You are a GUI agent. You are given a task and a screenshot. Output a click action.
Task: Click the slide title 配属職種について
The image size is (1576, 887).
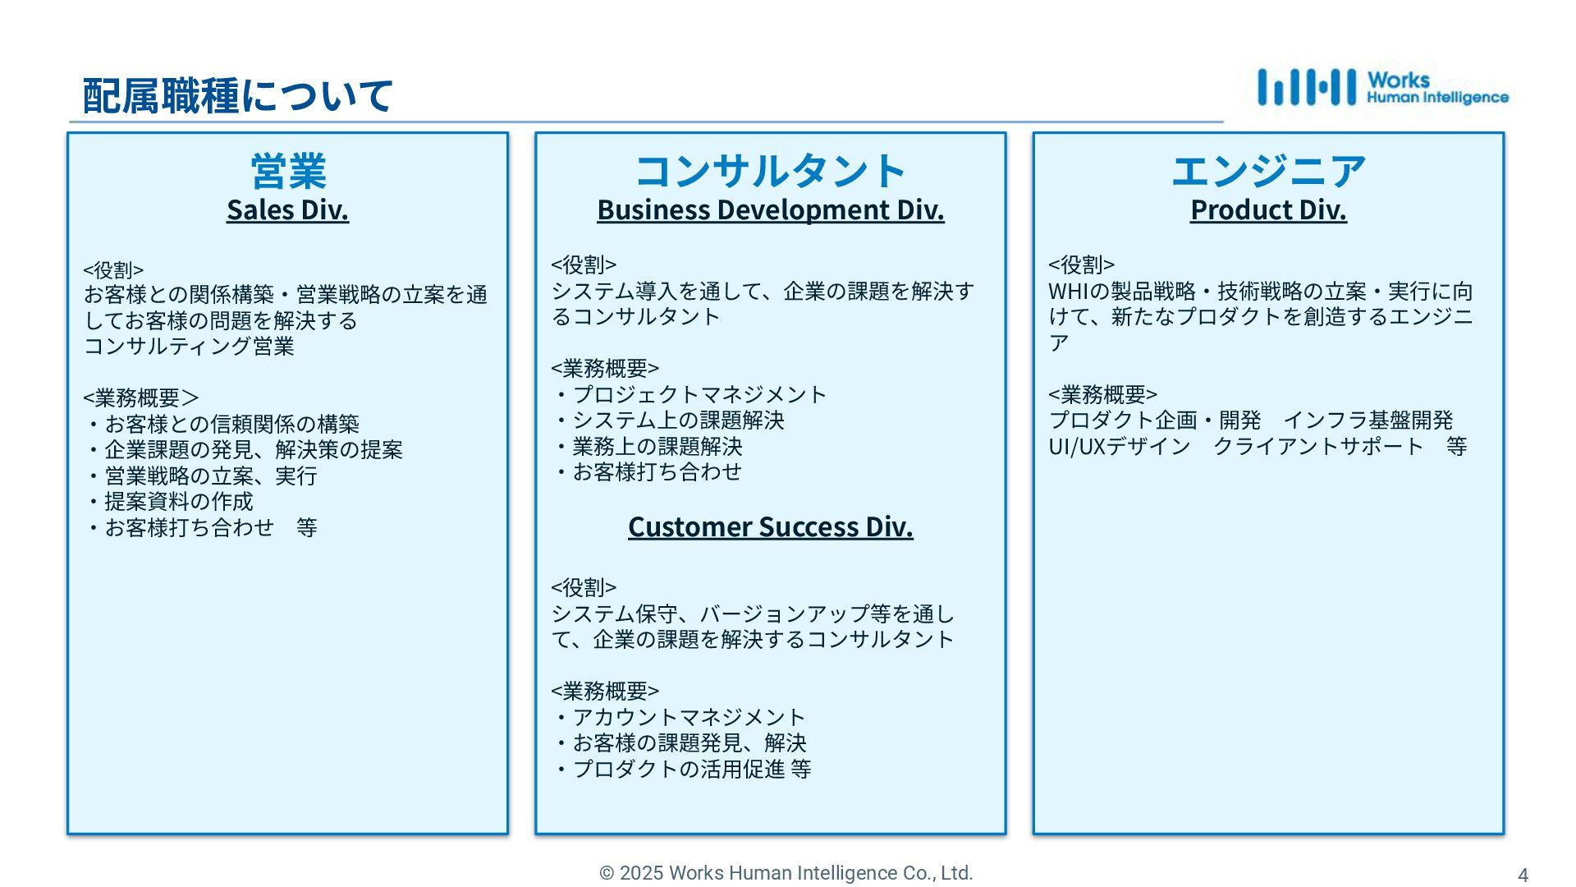(x=238, y=95)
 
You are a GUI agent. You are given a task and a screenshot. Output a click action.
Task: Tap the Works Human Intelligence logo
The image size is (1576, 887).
(x=1382, y=88)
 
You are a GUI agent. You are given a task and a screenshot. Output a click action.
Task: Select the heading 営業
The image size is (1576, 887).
(x=288, y=171)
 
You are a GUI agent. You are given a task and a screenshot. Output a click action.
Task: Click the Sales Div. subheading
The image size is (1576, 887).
(x=288, y=210)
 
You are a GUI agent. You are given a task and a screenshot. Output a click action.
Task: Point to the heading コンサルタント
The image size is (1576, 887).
(x=770, y=171)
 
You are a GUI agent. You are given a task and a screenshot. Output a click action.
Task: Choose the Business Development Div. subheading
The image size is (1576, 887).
(x=770, y=210)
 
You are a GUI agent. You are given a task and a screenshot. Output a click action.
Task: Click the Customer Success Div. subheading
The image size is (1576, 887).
(x=770, y=527)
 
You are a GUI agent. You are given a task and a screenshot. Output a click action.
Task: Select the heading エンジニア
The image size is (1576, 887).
(x=1268, y=171)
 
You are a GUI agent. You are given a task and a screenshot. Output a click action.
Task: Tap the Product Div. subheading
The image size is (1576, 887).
(x=1268, y=210)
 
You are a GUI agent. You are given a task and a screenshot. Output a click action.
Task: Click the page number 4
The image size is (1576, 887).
(x=1523, y=876)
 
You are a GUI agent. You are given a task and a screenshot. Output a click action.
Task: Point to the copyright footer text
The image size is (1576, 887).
(x=786, y=873)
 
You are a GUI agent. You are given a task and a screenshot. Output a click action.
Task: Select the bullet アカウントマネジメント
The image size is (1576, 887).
(x=689, y=718)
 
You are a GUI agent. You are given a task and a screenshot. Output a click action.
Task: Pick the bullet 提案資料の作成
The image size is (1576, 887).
(x=178, y=502)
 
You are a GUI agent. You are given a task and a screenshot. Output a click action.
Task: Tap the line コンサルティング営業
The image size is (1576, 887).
(x=189, y=347)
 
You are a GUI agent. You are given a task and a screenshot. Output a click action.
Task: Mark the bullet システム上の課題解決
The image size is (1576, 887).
(x=678, y=421)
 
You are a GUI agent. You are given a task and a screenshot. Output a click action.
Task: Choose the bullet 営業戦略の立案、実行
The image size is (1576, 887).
(x=210, y=476)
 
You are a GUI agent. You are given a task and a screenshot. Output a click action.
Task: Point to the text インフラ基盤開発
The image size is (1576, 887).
(x=1368, y=421)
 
